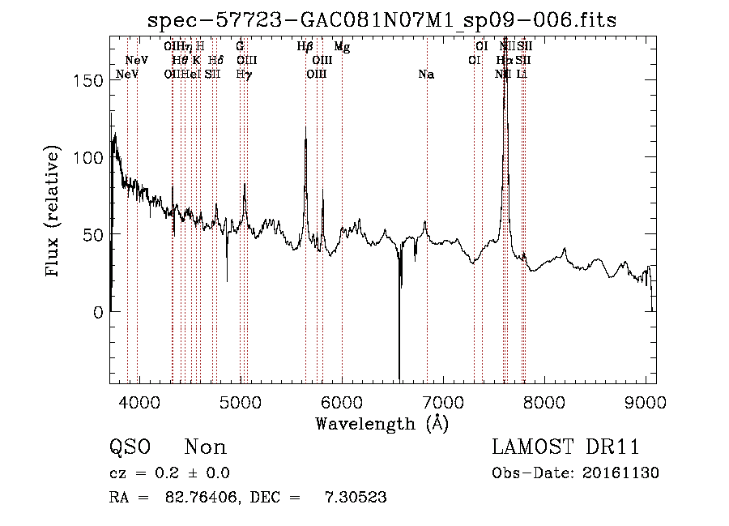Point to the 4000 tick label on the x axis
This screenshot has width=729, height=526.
[139, 403]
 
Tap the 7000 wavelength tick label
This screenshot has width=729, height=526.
[443, 403]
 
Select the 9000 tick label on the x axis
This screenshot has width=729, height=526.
[646, 403]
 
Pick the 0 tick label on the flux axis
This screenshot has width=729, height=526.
[97, 312]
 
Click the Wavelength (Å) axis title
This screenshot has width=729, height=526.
[382, 423]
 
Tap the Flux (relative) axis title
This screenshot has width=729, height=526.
[54, 212]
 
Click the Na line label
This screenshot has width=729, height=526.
[426, 75]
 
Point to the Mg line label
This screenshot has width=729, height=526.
[342, 48]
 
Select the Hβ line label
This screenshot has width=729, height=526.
[305, 48]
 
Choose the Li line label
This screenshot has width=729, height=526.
[522, 75]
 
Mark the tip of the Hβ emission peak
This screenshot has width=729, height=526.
[305, 126]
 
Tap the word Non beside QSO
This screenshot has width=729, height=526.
[206, 447]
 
